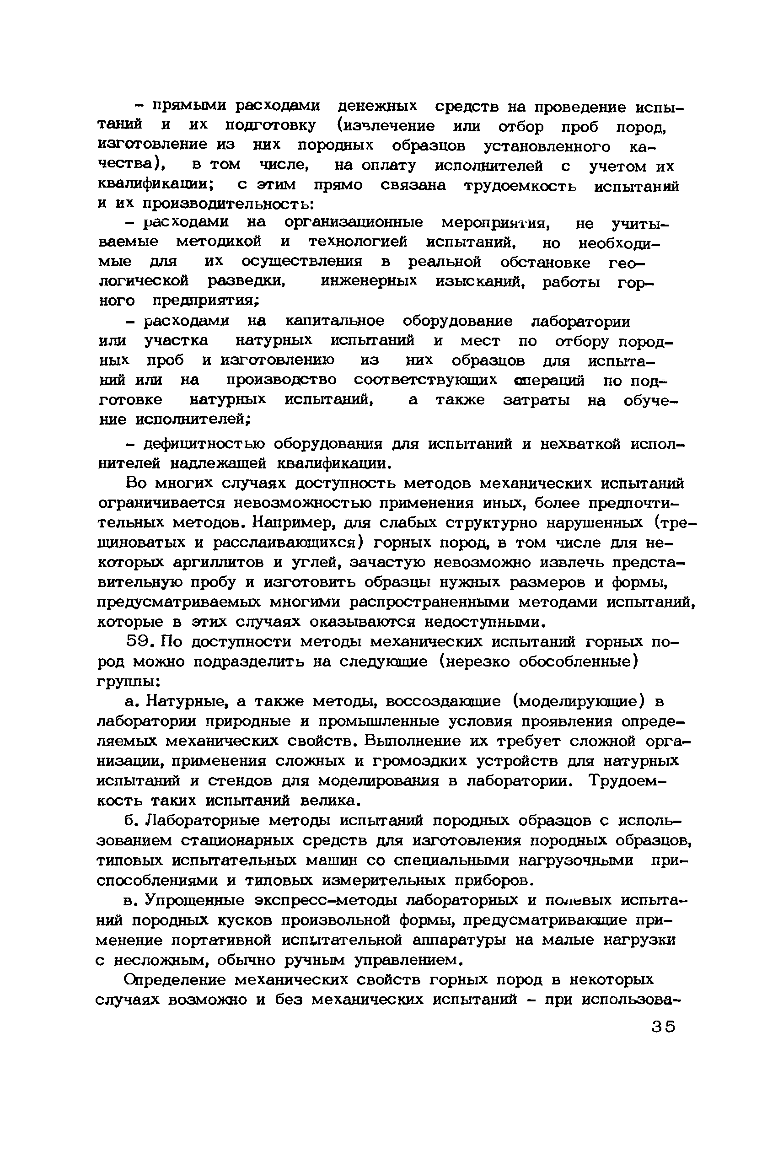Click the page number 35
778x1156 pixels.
[663, 1027]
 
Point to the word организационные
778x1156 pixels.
[353, 222]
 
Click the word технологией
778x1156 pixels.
[357, 242]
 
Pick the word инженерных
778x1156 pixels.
[369, 282]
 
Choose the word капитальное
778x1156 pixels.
[334, 321]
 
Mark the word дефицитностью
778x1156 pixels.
[204, 444]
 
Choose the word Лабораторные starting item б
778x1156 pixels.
[204, 821]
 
